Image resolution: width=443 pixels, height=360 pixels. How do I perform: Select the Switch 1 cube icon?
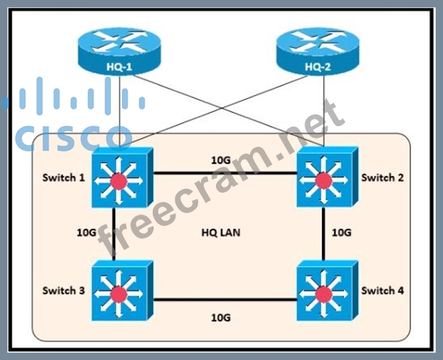(120, 178)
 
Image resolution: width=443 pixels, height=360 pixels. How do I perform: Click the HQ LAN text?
(220, 233)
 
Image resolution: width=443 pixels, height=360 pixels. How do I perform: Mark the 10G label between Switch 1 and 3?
(87, 233)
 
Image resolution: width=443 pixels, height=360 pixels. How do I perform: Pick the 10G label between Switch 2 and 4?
(341, 233)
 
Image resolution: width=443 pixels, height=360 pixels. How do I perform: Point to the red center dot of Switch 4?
(323, 293)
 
